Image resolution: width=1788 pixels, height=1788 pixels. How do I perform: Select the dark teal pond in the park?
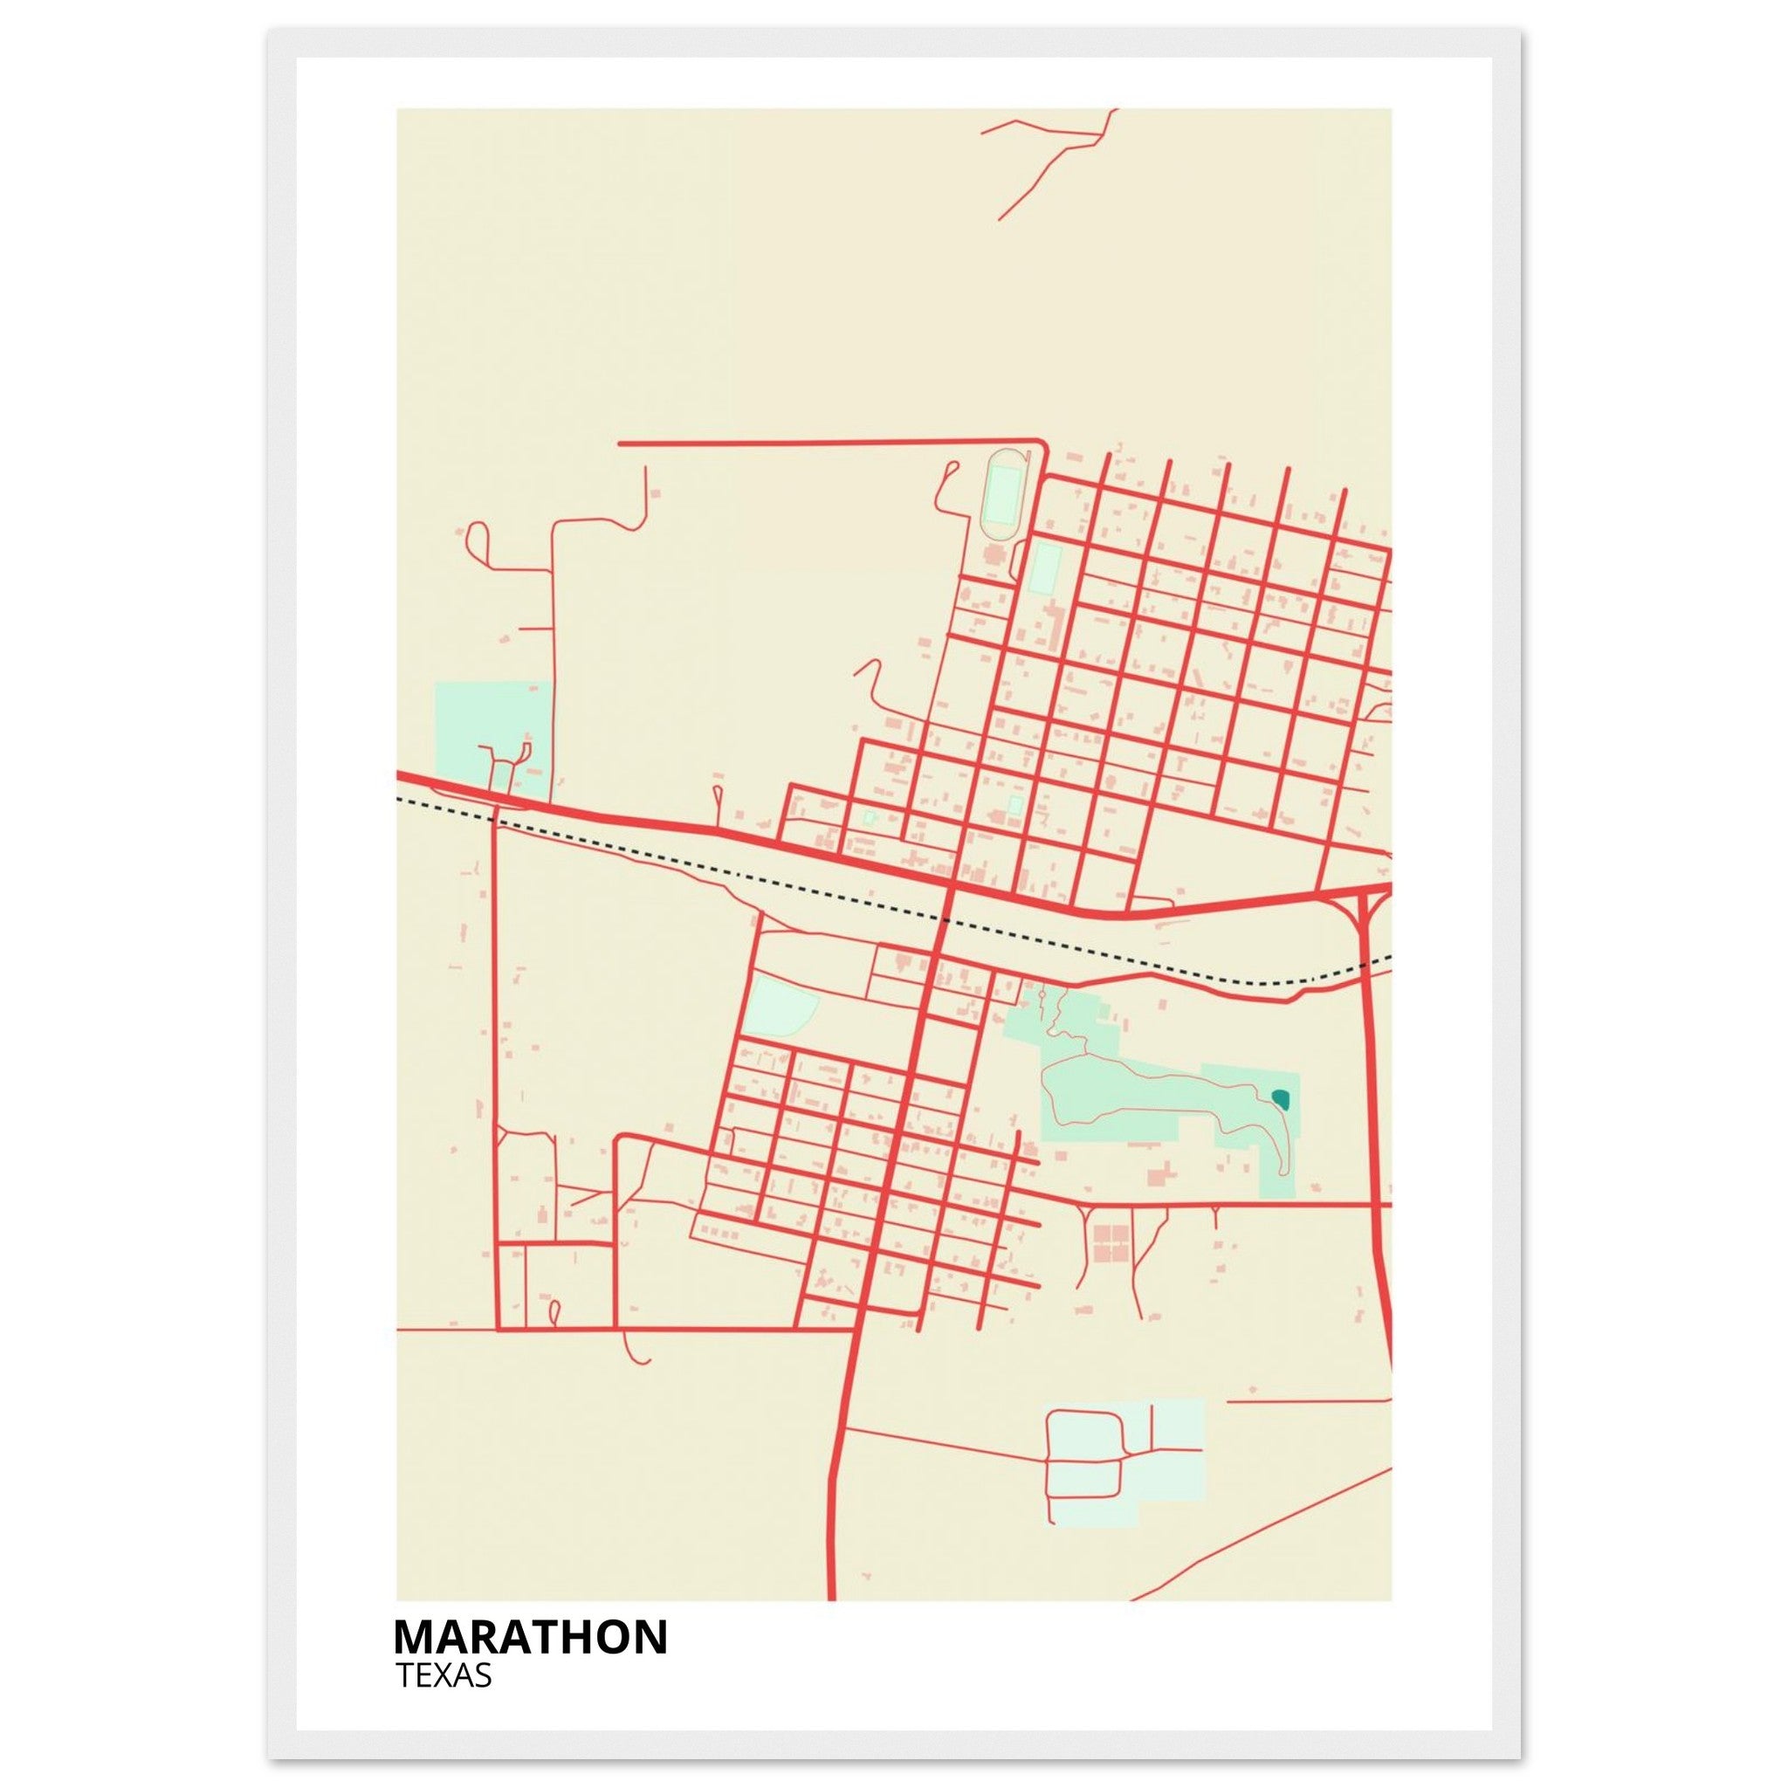[x=1281, y=1098]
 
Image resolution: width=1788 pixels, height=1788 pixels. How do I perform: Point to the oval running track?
[x=1001, y=495]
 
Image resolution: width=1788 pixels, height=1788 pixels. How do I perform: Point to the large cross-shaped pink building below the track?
[x=995, y=558]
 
